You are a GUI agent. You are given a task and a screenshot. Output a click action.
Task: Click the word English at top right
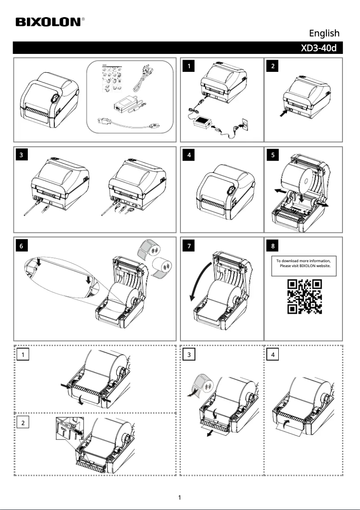pyautogui.click(x=324, y=33)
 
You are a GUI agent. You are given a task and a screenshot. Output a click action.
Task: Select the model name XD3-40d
pyautogui.click(x=318, y=48)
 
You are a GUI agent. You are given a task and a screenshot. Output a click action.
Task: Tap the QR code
pyautogui.click(x=304, y=296)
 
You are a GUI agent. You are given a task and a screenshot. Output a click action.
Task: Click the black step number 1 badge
pyautogui.click(x=190, y=66)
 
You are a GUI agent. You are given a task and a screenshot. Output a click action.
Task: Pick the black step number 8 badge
pyautogui.click(x=274, y=246)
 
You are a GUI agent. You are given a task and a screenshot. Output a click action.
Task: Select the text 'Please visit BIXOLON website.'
pyautogui.click(x=305, y=266)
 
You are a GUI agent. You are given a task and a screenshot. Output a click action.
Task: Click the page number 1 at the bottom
pyautogui.click(x=180, y=497)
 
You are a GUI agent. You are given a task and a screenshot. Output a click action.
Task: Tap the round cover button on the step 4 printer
pyautogui.click(x=230, y=190)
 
